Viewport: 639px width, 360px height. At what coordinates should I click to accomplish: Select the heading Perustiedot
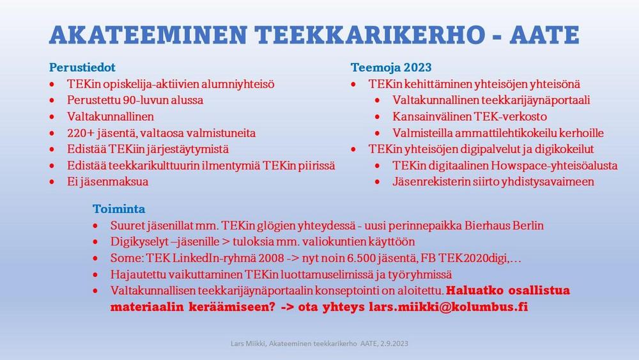[x=82, y=67]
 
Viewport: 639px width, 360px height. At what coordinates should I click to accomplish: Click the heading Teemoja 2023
[x=391, y=67]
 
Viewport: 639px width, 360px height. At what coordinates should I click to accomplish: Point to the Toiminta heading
[x=119, y=208]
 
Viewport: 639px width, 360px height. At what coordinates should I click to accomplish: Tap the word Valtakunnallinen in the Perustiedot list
[x=111, y=116]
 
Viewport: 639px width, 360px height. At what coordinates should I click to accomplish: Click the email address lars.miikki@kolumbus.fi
[x=449, y=306]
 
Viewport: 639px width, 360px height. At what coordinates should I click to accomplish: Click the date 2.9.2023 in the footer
[x=394, y=343]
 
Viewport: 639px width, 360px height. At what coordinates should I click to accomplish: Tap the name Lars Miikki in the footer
[x=249, y=343]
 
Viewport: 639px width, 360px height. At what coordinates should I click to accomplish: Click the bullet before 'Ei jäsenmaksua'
[x=52, y=182]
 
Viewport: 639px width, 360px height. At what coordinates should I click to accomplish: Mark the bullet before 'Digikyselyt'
[x=95, y=242]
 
